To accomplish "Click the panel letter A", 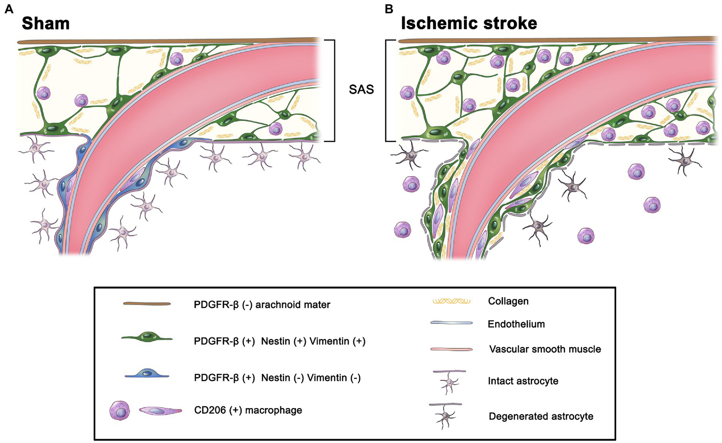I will click(9, 8).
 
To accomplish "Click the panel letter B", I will click(389, 8).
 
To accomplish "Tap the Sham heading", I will click(46, 24).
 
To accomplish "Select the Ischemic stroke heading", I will click(468, 23).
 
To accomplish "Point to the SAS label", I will click(361, 89).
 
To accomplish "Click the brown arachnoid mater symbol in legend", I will click(147, 304).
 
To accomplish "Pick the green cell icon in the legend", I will click(147, 337).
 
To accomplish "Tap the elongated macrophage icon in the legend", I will click(160, 411).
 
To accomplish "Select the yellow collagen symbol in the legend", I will click(451, 301).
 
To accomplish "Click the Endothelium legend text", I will click(516, 324).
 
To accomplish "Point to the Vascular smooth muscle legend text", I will click(545, 349).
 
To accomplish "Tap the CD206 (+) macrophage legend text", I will click(248, 410).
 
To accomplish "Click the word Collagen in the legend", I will click(508, 301).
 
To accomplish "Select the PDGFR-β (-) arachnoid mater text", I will click(262, 305).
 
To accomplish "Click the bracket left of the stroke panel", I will click(387, 90).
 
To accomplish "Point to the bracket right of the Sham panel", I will click(333, 90).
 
